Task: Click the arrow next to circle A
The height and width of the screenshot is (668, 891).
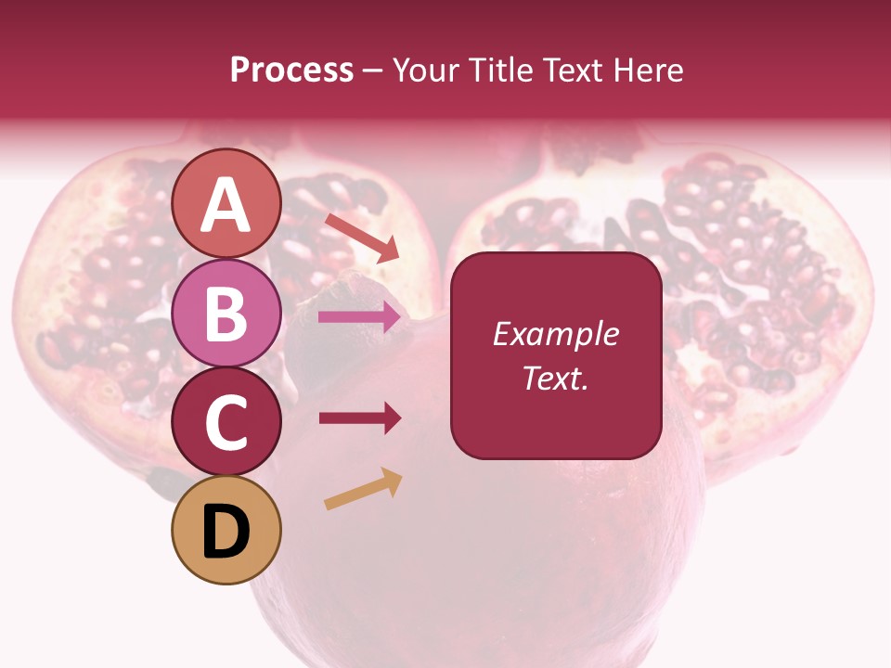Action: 362,238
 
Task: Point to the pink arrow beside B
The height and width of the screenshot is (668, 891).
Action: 359,317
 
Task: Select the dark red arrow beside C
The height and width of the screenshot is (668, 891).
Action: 359,418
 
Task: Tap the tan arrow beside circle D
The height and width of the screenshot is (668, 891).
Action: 363,490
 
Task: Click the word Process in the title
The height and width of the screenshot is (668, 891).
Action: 291,71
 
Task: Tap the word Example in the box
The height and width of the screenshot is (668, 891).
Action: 555,334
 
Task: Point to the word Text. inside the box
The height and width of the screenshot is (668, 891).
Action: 555,379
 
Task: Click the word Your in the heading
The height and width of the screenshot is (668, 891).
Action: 428,71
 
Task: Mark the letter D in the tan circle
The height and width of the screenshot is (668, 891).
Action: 226,533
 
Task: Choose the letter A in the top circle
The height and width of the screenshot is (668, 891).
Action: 226,206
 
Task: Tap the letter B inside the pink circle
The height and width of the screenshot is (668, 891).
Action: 226,314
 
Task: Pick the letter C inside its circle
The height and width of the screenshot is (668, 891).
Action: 226,422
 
